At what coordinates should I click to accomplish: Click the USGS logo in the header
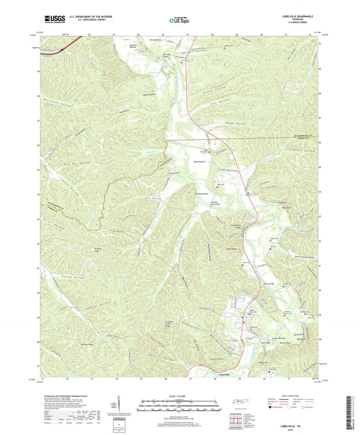pos(54,20)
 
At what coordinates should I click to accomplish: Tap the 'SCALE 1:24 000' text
pos(179,394)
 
